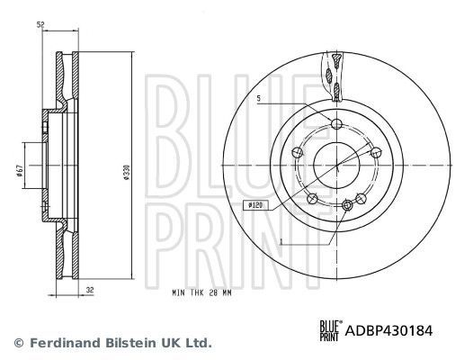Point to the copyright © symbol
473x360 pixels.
coord(18,342)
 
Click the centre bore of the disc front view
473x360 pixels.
coord(336,165)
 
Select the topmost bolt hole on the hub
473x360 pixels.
coord(336,125)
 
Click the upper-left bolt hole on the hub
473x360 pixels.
coord(299,153)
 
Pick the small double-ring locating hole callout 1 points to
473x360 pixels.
coord(350,207)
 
